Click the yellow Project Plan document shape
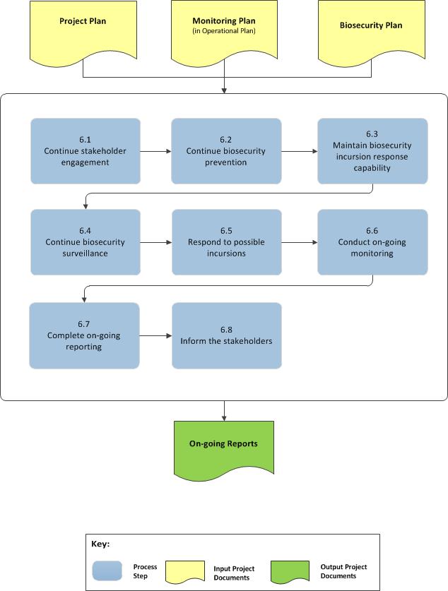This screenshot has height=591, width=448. click(83, 30)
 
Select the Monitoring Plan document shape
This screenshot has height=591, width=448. click(224, 30)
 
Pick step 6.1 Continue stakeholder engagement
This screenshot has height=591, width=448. click(86, 150)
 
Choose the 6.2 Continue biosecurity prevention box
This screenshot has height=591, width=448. click(226, 150)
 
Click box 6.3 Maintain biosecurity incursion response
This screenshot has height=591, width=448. click(372, 150)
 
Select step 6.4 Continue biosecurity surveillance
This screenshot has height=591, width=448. click(86, 242)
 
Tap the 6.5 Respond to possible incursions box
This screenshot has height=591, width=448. click(226, 242)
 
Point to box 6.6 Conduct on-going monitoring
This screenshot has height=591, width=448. click(372, 242)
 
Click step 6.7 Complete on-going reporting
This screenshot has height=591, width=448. click(84, 335)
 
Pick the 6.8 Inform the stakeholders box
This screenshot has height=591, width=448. click(226, 335)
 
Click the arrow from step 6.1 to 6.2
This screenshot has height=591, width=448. click(155, 150)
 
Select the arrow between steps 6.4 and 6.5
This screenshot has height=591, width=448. click(155, 242)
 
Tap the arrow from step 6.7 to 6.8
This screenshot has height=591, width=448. click(155, 335)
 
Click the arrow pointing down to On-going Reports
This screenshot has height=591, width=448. click(224, 410)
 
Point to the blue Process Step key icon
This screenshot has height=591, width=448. click(107, 571)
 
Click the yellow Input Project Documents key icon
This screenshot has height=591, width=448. click(186, 571)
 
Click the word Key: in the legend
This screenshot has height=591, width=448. click(101, 544)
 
